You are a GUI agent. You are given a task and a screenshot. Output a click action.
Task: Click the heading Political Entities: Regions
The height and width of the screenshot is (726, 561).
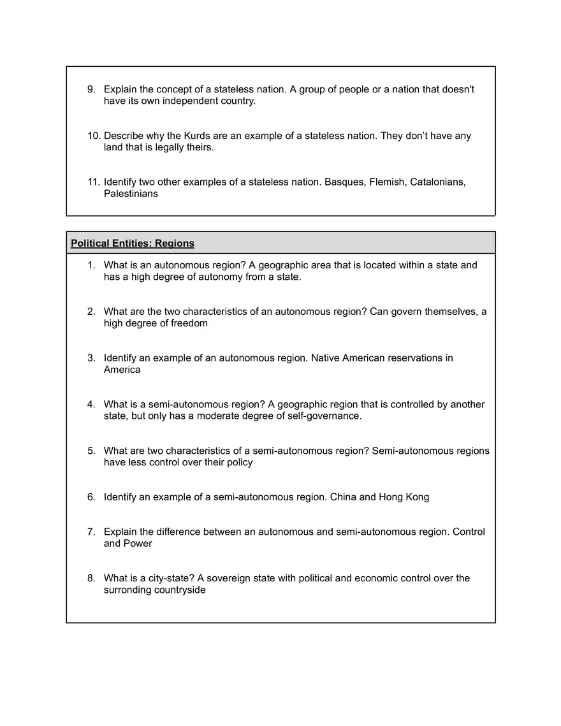133,243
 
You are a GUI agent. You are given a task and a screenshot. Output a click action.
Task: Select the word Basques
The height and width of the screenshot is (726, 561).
344,182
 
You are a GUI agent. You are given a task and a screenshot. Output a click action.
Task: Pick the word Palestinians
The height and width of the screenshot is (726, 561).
131,194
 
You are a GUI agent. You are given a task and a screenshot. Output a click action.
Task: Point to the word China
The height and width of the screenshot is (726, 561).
343,497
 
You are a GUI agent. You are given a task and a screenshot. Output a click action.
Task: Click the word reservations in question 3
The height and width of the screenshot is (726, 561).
415,358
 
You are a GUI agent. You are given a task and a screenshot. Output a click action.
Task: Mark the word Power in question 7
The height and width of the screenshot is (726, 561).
138,544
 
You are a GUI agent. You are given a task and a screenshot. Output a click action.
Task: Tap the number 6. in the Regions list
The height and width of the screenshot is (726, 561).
92,497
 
